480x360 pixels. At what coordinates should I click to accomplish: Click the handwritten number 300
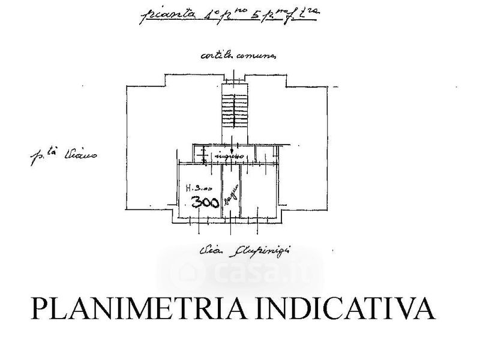click(205, 202)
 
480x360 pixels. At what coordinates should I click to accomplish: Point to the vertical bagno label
click(229, 196)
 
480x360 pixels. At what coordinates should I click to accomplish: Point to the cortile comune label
click(238, 56)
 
